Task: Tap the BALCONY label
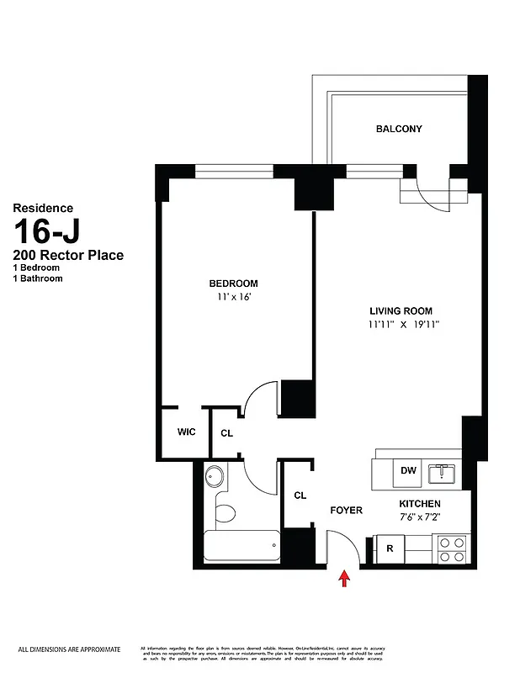pos(399,129)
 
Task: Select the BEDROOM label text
pos(233,284)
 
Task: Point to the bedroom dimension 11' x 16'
pos(233,297)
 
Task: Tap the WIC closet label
pos(186,432)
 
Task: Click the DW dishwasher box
pos(409,471)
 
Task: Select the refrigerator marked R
pos(390,548)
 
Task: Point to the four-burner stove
pos(450,548)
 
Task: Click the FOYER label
pos(346,510)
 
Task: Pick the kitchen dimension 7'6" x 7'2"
pos(419,517)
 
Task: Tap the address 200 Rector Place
pos(67,255)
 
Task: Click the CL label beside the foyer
pos(300,495)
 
